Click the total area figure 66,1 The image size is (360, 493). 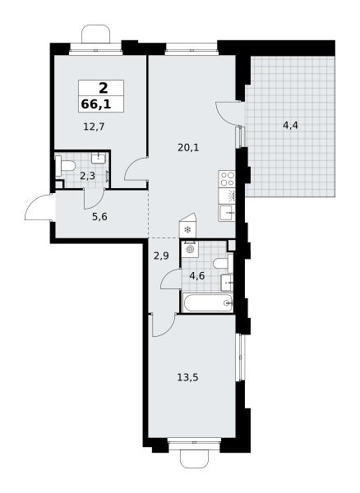point(96,104)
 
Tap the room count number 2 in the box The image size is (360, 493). point(103,88)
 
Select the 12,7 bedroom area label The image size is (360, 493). point(94,127)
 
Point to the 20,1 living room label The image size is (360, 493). point(188,147)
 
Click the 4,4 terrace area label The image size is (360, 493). point(290,126)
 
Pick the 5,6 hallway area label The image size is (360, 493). point(100,217)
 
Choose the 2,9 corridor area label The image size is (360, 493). point(161,256)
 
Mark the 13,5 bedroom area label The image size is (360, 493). point(187,377)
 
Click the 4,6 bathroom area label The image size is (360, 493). point(196,276)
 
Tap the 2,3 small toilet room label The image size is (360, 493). point(87,176)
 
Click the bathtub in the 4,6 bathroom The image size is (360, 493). point(207,302)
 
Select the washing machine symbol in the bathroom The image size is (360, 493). point(190,250)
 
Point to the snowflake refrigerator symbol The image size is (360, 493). point(187,230)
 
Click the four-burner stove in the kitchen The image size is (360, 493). point(227,179)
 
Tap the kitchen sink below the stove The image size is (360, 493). point(227,213)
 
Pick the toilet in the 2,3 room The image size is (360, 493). point(65,166)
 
